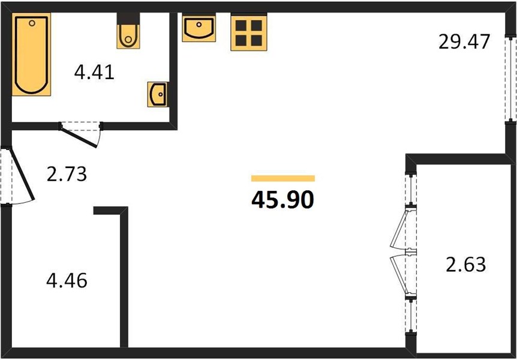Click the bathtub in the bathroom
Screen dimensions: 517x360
pyautogui.click(x=31, y=55)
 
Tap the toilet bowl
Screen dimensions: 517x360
pyautogui.click(x=128, y=37)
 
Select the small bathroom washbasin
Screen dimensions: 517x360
pyautogui.click(x=158, y=94)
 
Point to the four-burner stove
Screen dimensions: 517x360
pyautogui.click(x=249, y=33)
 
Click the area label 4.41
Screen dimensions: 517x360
pyautogui.click(x=94, y=73)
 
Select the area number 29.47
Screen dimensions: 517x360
pyautogui.click(x=464, y=42)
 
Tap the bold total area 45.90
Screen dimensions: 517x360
pyautogui.click(x=282, y=200)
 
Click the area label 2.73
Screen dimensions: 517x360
pyautogui.click(x=67, y=175)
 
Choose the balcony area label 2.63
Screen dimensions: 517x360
pyautogui.click(x=466, y=265)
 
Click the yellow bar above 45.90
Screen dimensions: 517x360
pyautogui.click(x=283, y=179)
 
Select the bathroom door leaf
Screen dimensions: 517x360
pyautogui.click(x=79, y=137)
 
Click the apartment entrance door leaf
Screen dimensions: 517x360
pyautogui.click(x=22, y=175)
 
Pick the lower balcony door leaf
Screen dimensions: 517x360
pyautogui.click(x=399, y=275)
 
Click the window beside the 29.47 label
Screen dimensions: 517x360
pyautogui.click(x=511, y=79)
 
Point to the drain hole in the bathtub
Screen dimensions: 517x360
pyautogui.click(x=32, y=23)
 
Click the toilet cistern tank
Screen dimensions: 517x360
pyautogui.click(x=128, y=19)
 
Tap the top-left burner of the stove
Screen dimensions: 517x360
pyautogui.click(x=241, y=25)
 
